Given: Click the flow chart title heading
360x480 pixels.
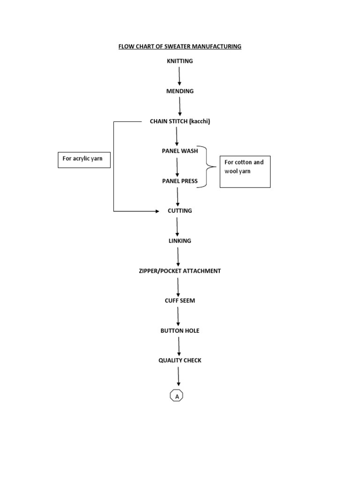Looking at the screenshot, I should coord(180,46).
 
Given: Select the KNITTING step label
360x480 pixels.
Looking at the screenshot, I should coord(180,61).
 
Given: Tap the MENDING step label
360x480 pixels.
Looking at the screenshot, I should coord(180,91).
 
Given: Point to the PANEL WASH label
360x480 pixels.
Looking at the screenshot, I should coord(180,151).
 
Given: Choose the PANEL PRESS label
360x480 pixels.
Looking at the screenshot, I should coord(180,181).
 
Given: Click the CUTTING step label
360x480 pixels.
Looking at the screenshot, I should coord(180,211).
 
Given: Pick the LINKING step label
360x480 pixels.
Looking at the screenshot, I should coord(180,241).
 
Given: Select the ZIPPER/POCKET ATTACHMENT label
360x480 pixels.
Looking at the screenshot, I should coord(180,271).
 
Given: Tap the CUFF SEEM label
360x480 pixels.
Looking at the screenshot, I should coord(180,300).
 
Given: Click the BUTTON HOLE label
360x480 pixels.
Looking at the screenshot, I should coord(180,330).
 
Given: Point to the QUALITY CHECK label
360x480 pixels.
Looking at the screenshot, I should coord(180,360).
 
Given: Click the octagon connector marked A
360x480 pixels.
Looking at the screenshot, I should coord(177,397).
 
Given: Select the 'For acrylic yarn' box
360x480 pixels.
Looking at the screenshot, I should coord(84,159).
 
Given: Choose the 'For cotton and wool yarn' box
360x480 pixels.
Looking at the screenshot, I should coord(245,172).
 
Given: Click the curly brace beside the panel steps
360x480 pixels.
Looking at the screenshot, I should coord(207,167).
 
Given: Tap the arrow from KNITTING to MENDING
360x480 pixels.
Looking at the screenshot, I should coord(180,76).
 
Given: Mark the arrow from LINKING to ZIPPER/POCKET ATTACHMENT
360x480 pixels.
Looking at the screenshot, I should coord(178,256).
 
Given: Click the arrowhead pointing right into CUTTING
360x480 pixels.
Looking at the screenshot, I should coord(157,211).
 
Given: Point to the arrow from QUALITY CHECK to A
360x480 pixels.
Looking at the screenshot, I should coord(178,376).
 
